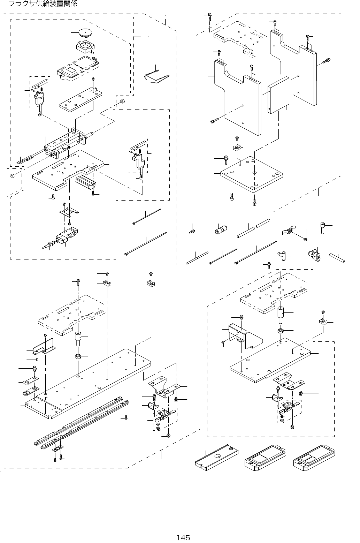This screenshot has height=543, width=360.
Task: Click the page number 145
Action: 183,537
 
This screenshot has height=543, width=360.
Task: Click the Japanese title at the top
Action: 43,4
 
